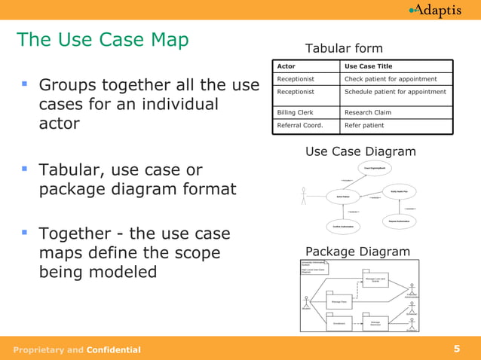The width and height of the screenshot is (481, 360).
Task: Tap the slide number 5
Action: coord(457,349)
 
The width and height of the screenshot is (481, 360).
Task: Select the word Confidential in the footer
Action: coord(113,349)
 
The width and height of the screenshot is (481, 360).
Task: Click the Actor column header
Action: coord(286,66)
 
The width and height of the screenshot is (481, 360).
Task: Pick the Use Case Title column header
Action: coord(368,66)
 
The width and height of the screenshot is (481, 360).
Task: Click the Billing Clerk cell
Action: coord(295,112)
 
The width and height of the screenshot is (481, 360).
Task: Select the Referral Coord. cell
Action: coord(299,125)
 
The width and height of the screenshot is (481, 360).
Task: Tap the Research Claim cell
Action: coord(367,112)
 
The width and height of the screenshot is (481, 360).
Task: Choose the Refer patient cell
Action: coord(364,125)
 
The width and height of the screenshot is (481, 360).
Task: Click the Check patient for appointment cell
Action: coord(391,79)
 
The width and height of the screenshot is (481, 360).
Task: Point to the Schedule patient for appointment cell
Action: coord(394,92)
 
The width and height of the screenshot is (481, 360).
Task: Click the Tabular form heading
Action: coord(344,49)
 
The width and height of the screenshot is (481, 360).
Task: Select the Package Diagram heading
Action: coord(357,252)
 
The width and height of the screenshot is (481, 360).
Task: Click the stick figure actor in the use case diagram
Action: coord(304,197)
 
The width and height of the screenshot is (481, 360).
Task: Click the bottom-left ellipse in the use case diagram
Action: coord(343,226)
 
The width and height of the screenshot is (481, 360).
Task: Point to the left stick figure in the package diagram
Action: coord(306,301)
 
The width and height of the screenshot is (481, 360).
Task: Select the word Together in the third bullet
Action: coord(83,233)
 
